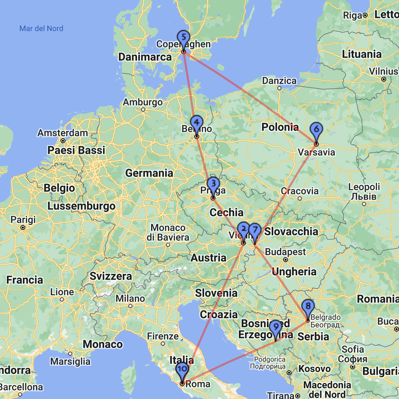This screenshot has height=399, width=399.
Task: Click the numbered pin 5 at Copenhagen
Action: [x=184, y=37]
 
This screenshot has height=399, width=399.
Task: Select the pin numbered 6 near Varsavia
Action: [x=316, y=130]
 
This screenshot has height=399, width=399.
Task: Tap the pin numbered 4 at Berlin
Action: [x=196, y=122]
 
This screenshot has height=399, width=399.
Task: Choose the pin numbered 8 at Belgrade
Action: [x=308, y=306]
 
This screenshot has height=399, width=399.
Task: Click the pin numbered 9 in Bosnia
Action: [x=276, y=327]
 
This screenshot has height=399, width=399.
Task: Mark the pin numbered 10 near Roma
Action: [x=182, y=369]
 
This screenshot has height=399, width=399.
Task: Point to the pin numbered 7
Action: [x=255, y=230]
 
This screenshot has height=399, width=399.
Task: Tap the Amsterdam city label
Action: [x=63, y=133]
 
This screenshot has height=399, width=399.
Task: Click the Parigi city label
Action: [x=23, y=220]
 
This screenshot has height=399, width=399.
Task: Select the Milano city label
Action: [x=130, y=298]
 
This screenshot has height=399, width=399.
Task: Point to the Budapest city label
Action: [x=286, y=252]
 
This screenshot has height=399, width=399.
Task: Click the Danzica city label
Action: [x=279, y=81]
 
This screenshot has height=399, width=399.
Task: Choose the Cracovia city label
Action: [x=300, y=191]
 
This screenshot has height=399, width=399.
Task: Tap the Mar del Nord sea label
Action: [x=41, y=29]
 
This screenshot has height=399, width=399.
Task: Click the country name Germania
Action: [x=149, y=173]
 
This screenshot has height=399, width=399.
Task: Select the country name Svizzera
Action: [x=111, y=276]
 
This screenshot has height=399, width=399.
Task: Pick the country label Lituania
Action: [x=362, y=54]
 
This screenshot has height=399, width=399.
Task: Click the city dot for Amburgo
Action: [x=143, y=110]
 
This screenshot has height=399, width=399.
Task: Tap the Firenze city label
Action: [x=163, y=336]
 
